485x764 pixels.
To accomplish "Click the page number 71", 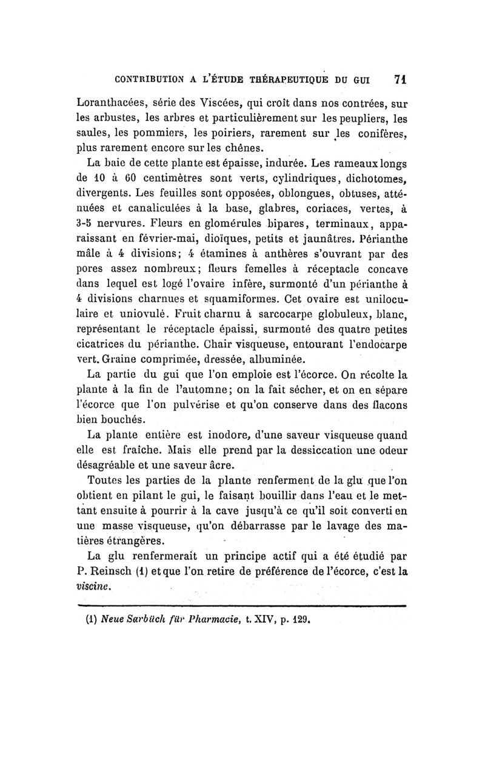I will [400, 79].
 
